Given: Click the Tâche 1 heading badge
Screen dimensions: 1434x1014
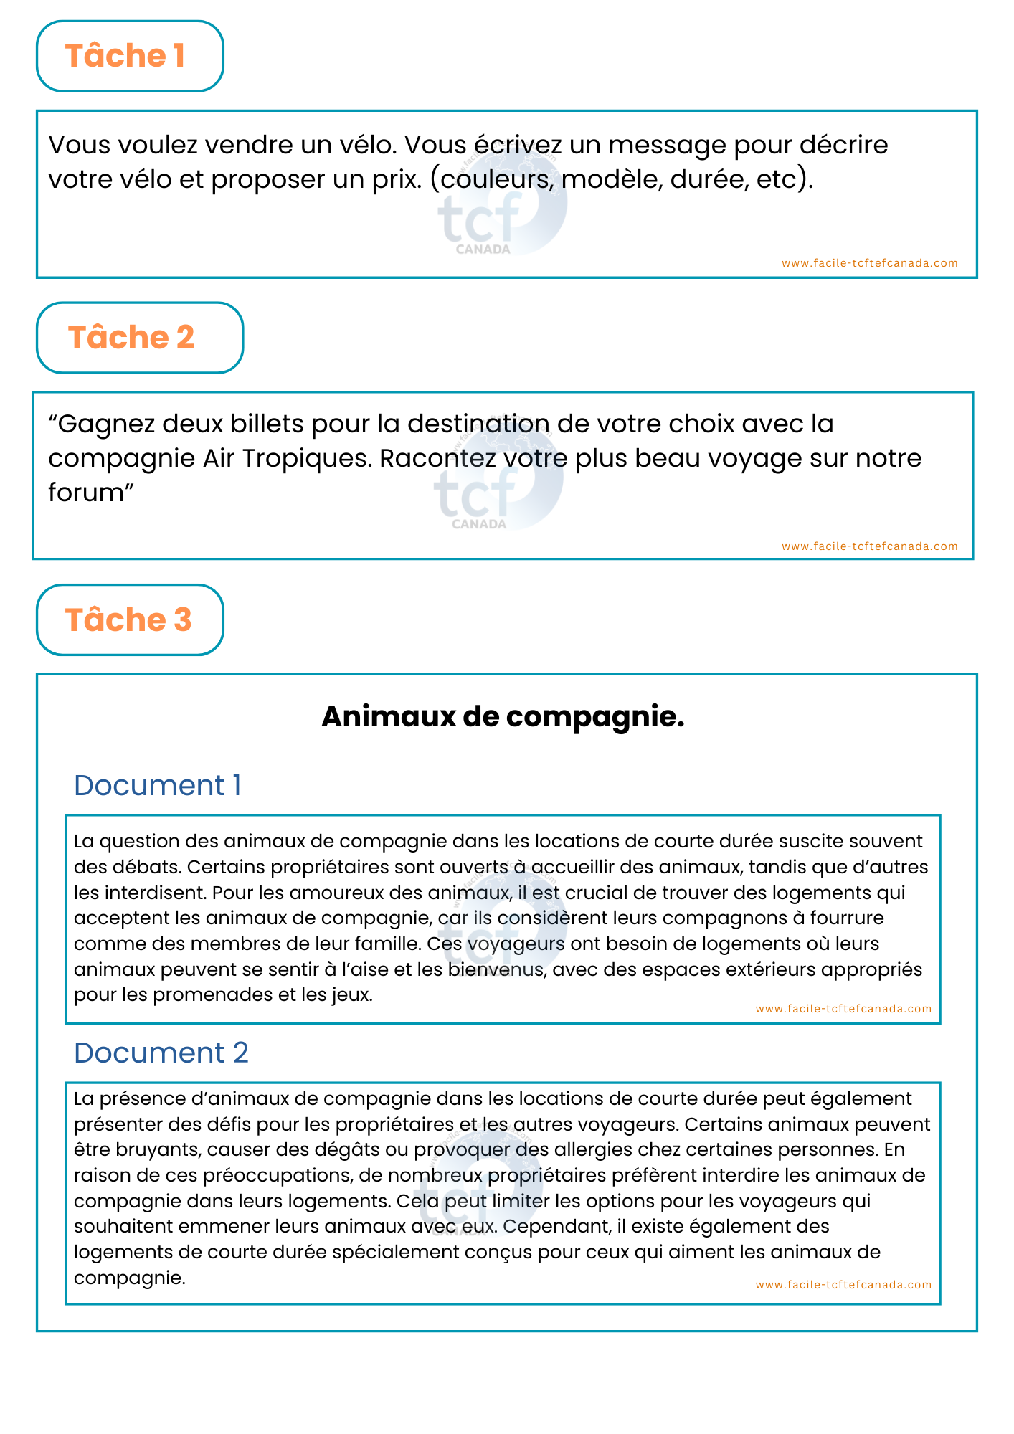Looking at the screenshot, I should click(130, 56).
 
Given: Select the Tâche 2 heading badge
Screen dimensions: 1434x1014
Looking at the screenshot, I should click(139, 338).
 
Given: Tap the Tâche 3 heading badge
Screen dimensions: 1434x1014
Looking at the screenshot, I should click(130, 619).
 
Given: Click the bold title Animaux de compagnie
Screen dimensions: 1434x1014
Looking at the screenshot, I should click(503, 716).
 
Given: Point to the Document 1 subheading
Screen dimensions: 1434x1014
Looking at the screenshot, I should click(157, 785).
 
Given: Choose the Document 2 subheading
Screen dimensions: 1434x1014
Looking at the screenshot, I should click(161, 1053).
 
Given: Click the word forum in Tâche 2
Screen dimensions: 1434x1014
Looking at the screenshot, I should click(86, 493).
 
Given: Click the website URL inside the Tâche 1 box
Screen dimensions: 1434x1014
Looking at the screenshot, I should click(869, 263).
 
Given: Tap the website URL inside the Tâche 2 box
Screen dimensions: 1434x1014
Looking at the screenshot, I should click(869, 546).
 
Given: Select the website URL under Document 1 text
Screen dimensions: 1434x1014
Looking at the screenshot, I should click(843, 1009).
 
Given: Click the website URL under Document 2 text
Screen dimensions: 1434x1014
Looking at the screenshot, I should click(843, 1285).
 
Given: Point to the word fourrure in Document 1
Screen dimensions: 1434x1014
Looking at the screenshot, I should click(845, 918).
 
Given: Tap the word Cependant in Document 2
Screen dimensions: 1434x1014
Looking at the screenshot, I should click(556, 1226).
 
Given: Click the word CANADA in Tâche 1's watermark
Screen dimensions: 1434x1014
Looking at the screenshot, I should click(483, 250).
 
